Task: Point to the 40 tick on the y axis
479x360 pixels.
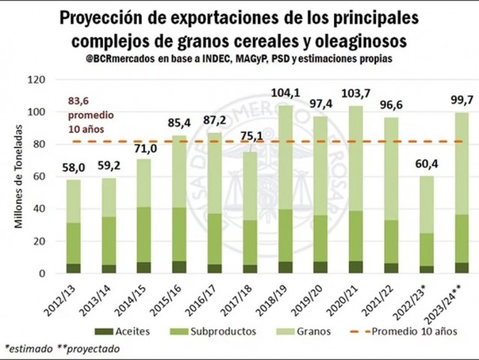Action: coord(41,209)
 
